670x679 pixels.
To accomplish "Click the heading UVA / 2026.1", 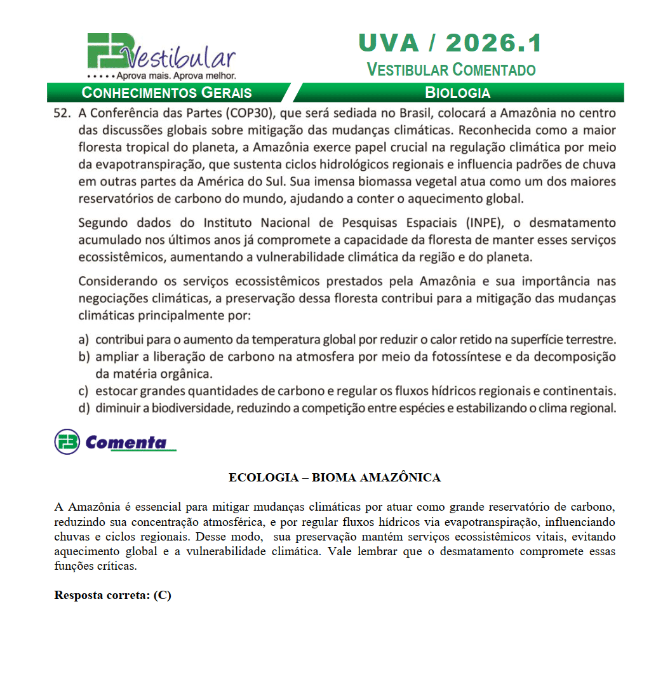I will point(450,43).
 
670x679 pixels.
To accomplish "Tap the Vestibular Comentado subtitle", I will point(451,69).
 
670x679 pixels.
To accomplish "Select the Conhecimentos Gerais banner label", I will point(167,93).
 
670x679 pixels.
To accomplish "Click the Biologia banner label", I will point(457,93).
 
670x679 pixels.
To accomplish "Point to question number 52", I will point(61,114).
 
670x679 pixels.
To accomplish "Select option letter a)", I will point(83,340).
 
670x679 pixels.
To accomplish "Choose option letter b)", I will point(83,357).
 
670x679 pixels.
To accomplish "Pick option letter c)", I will point(83,391).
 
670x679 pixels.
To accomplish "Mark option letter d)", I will point(83,408).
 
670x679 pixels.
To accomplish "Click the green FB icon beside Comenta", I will point(67,442).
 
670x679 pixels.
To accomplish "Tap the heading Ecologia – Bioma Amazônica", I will point(335,478).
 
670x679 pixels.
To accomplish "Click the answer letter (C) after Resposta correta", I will point(163,595).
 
